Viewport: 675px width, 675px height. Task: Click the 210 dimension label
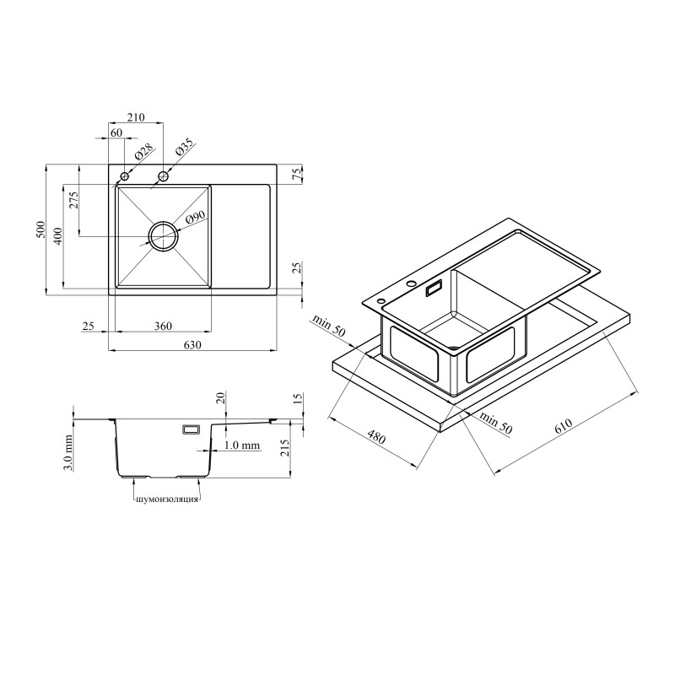(x=136, y=116)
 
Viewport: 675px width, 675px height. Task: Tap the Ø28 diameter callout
(x=144, y=152)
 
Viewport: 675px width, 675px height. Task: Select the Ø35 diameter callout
(x=185, y=148)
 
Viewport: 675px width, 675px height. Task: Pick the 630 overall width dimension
(x=192, y=345)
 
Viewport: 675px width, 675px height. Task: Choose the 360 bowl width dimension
(x=163, y=326)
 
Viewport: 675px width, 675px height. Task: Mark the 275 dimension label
(x=73, y=200)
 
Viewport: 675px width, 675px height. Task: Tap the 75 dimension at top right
(x=297, y=174)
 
